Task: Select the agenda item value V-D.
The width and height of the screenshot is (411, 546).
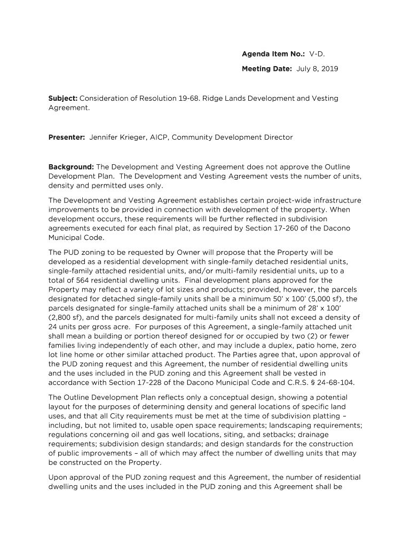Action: click(317, 54)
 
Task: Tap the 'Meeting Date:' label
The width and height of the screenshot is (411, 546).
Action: click(267, 69)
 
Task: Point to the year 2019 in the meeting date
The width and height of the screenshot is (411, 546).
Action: click(329, 69)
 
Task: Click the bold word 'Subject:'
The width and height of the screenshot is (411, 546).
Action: click(63, 99)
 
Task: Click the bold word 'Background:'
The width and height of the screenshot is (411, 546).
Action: click(71, 167)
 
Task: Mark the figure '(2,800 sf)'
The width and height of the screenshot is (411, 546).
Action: click(66, 317)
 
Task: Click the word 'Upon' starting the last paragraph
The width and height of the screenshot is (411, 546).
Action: click(58, 477)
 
